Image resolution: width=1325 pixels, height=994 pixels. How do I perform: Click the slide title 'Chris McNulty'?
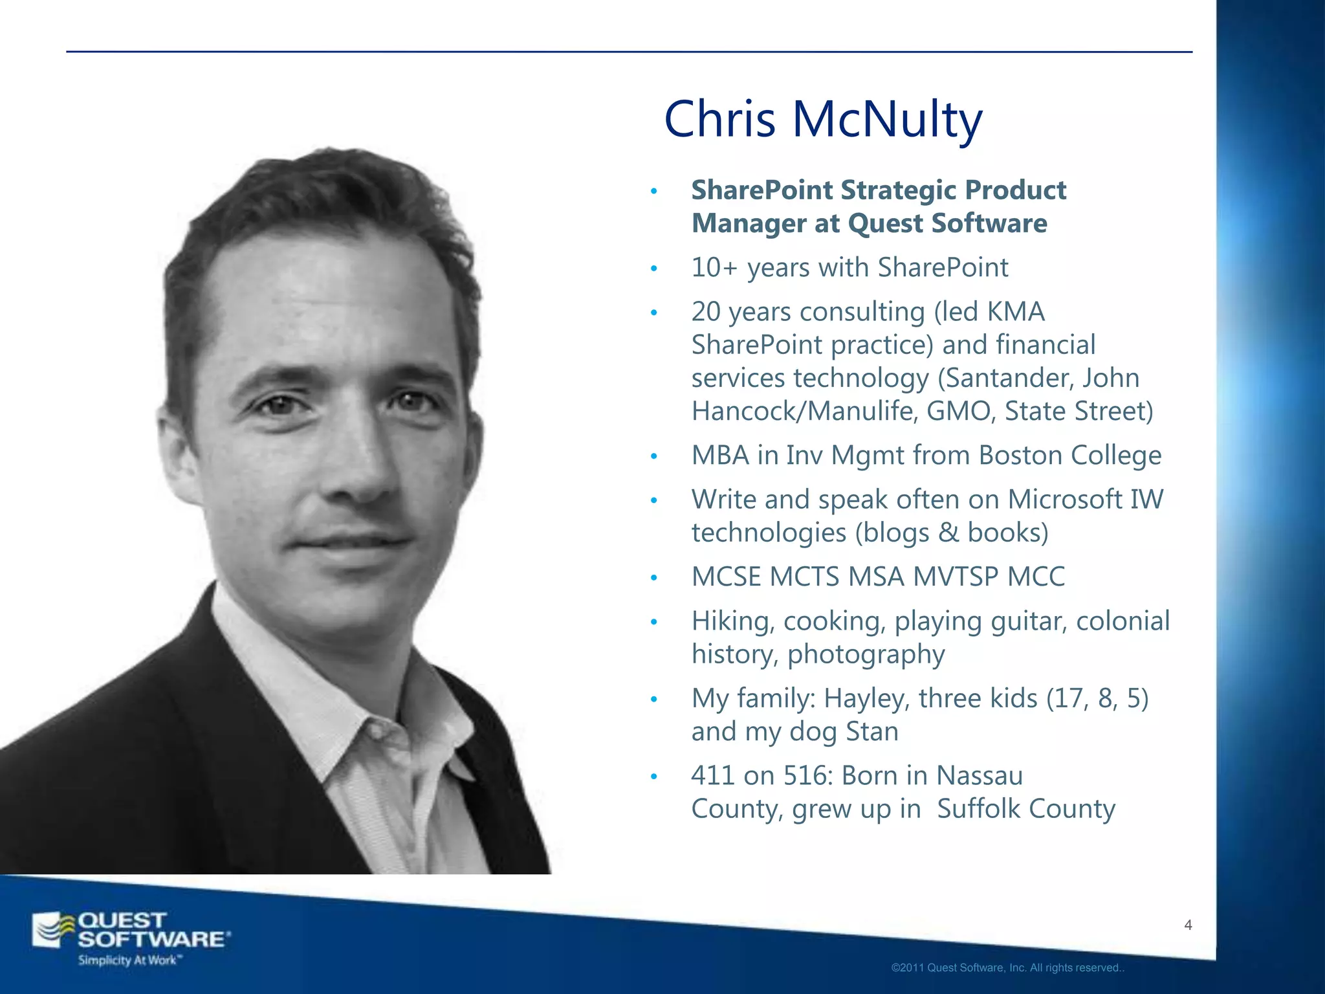pos(823,120)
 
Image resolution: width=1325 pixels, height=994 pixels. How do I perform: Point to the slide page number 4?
pos(1188,925)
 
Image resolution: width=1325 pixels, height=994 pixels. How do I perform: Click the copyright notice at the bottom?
pos(1007,968)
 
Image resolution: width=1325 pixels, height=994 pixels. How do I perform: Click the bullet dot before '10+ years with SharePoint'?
pos(654,269)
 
